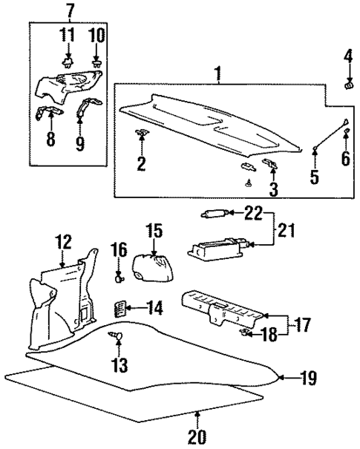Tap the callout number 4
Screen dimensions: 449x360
[348, 56]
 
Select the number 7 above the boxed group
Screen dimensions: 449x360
[70, 11]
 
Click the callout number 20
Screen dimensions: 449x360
[196, 438]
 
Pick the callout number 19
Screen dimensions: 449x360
[309, 378]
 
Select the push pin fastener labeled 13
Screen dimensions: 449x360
[117, 338]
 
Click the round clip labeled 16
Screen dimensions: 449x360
[118, 280]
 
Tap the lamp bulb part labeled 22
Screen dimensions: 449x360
[212, 214]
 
